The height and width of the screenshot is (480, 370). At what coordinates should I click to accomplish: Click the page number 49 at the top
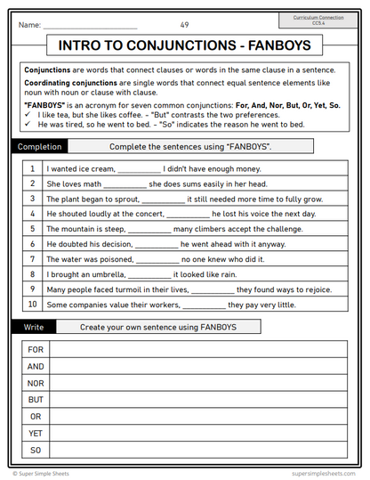[184, 24]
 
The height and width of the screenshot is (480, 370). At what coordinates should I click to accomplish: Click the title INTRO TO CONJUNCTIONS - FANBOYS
[184, 46]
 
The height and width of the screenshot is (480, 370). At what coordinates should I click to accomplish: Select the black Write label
[33, 327]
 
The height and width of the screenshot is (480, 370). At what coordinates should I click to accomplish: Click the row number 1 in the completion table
[32, 168]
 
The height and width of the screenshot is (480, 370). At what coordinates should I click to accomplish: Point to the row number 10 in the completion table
[32, 305]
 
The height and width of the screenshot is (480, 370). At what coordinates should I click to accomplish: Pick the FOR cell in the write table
[36, 350]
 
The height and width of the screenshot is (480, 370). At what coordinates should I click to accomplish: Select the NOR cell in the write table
[36, 383]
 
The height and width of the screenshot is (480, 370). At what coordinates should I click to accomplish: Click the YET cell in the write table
[36, 433]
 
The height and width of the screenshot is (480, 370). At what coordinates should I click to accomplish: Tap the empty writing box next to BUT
[198, 400]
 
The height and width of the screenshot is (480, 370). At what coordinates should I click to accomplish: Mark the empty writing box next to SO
[198, 450]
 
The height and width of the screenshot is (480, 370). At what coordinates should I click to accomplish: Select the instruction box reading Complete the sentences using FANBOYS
[189, 145]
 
